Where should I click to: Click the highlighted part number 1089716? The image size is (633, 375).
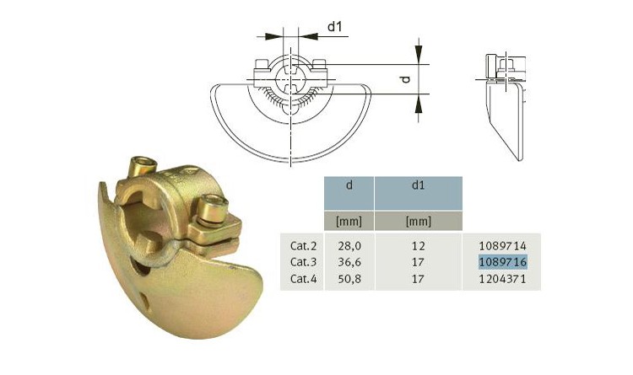[503, 262]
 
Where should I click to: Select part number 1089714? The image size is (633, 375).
[503, 245]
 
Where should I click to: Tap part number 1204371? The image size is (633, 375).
[503, 279]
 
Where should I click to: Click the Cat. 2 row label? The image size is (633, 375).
[303, 245]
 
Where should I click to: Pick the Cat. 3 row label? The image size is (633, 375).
[303, 262]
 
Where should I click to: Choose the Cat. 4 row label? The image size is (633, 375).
[303, 279]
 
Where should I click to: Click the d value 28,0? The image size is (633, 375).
[349, 245]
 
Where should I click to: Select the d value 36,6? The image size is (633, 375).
[349, 262]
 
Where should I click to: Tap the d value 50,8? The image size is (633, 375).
[349, 279]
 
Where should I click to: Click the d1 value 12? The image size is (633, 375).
[418, 245]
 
